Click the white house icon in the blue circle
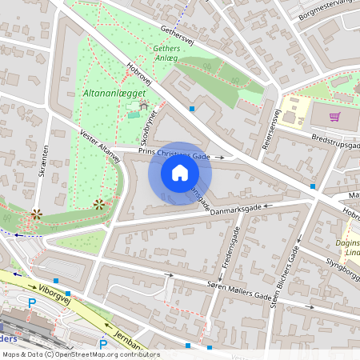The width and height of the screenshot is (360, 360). click(x=180, y=173)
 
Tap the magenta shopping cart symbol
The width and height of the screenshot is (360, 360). click(x=334, y=117)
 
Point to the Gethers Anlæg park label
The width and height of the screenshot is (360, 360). click(x=166, y=53)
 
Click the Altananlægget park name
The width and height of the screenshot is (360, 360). click(x=114, y=94)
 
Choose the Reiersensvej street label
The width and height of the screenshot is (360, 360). click(x=270, y=130)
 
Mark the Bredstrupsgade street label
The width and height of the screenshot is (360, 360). click(x=336, y=142)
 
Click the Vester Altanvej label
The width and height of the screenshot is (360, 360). click(x=101, y=146)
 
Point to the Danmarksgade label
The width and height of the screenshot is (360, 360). click(x=235, y=210)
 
